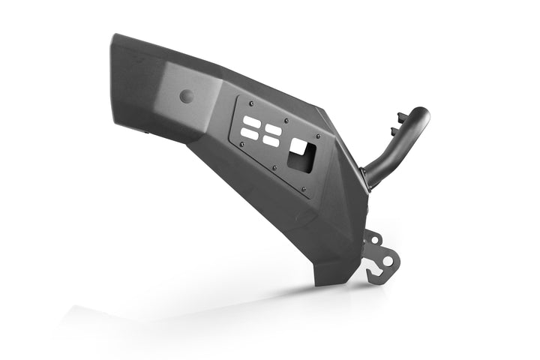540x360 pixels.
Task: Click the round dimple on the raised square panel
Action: click(186, 96)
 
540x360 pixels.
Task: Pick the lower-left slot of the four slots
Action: click(249, 134)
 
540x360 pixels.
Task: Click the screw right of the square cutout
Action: click(319, 136)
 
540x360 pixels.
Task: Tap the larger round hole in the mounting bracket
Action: click(387, 260)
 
